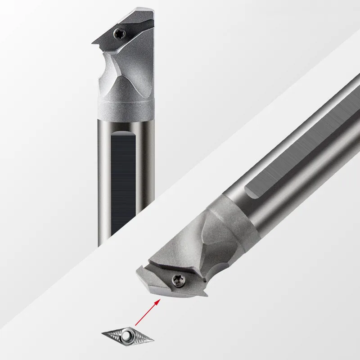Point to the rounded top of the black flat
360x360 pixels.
(x=122, y=131)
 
